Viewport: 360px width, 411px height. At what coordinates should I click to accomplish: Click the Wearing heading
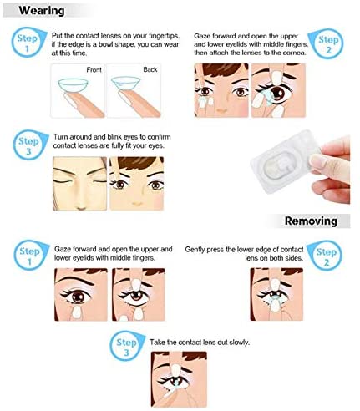[x=42, y=11]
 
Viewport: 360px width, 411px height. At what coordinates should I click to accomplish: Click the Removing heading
[x=311, y=221]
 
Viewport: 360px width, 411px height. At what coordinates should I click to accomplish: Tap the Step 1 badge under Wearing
[x=28, y=42]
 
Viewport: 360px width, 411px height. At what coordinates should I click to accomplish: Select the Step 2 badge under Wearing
[x=327, y=44]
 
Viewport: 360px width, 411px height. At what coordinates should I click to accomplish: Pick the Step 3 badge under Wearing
[x=29, y=145]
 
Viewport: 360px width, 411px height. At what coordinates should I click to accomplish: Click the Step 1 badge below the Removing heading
[x=30, y=255]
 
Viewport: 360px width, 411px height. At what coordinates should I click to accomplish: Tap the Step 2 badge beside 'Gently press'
[x=324, y=256]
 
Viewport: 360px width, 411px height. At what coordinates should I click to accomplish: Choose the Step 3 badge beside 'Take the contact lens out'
[x=127, y=346]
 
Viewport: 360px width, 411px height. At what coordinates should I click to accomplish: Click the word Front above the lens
[x=94, y=70]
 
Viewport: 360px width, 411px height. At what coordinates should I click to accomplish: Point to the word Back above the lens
[x=150, y=69]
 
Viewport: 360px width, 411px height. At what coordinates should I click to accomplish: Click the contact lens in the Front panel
[x=73, y=85]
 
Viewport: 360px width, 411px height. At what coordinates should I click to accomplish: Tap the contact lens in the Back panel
[x=125, y=84]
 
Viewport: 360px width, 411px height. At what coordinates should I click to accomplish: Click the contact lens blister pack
[x=281, y=162]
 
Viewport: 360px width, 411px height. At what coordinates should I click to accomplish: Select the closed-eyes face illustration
[x=80, y=184]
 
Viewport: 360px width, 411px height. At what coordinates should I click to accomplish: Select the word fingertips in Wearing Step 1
[x=165, y=36]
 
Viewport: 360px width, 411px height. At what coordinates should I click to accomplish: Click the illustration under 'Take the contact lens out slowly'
[x=179, y=379]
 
